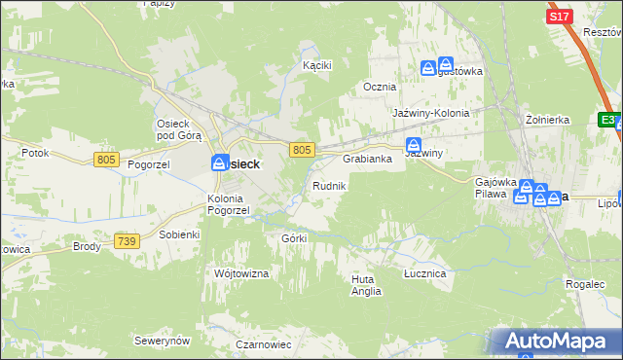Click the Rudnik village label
point(327,185)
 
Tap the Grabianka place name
point(366,159)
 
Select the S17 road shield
point(559,17)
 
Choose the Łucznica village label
point(424,274)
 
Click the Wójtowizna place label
point(240,274)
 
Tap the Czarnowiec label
point(264,344)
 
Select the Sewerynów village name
point(163,342)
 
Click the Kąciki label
point(317,65)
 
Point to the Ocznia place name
point(380,87)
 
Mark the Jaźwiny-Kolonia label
point(431,113)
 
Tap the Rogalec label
point(584,284)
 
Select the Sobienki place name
point(178,234)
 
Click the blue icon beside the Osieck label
point(221,162)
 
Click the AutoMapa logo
point(557,342)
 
